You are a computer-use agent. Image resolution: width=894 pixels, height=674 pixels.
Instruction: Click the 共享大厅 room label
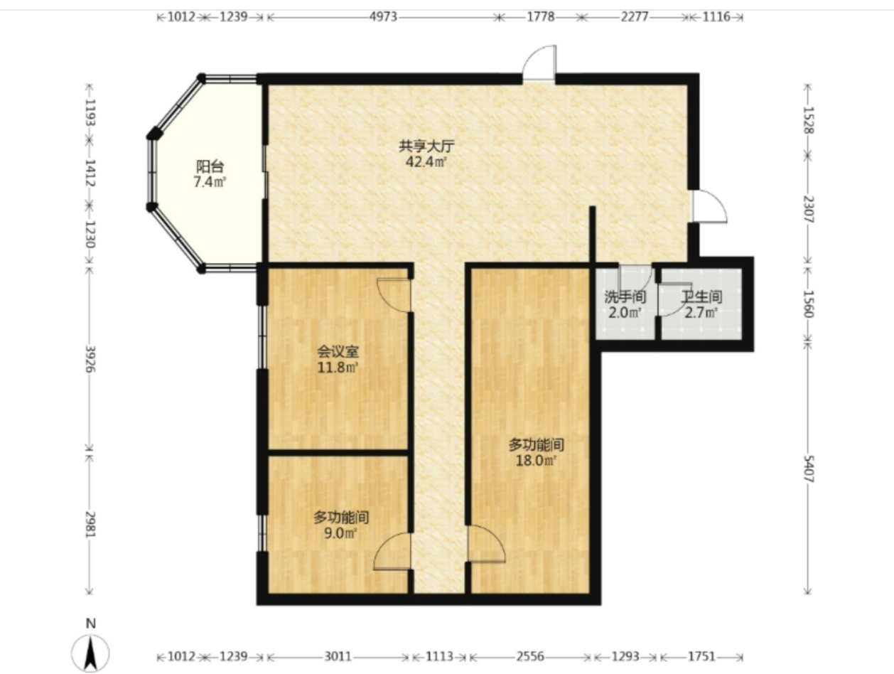click(x=426, y=146)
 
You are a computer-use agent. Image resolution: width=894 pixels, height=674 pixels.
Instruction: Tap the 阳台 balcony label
click(x=210, y=166)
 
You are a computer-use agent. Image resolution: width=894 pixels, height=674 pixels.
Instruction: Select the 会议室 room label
click(x=338, y=352)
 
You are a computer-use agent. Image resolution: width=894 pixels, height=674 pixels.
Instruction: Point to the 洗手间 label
click(x=625, y=297)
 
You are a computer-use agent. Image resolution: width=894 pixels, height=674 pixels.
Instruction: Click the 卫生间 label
click(x=701, y=297)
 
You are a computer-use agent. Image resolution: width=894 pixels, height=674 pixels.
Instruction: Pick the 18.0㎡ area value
click(x=536, y=461)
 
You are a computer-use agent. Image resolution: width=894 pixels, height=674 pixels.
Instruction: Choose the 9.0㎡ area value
click(x=340, y=533)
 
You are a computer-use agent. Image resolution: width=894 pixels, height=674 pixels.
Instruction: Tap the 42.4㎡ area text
click(x=426, y=162)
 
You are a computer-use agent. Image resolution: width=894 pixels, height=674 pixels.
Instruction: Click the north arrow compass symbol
click(x=90, y=651)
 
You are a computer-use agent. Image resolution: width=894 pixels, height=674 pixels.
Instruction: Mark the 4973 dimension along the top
click(x=383, y=17)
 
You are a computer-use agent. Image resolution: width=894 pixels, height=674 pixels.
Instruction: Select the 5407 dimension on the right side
click(x=808, y=469)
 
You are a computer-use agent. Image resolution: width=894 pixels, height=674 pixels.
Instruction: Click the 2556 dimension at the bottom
click(x=530, y=656)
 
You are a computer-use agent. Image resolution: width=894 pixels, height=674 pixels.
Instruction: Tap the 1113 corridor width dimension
click(x=439, y=656)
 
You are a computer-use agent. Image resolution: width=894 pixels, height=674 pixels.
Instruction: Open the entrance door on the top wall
click(x=539, y=63)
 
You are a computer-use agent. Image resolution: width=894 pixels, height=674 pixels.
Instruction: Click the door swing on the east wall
click(x=709, y=206)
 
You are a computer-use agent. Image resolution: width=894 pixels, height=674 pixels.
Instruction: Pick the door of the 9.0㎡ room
click(x=392, y=551)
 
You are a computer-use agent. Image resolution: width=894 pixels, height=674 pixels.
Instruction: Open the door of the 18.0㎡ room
click(x=486, y=544)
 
